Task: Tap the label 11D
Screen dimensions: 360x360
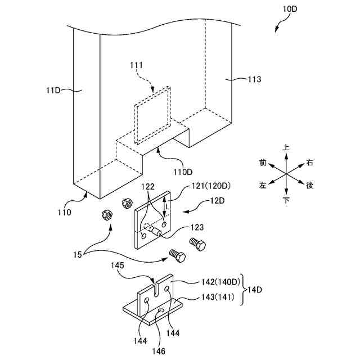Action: (55, 88)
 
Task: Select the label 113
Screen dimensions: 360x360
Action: (254, 79)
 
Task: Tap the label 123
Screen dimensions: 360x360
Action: (196, 228)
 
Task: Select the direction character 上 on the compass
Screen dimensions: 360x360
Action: (286, 147)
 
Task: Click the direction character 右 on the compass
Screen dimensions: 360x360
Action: (309, 163)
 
